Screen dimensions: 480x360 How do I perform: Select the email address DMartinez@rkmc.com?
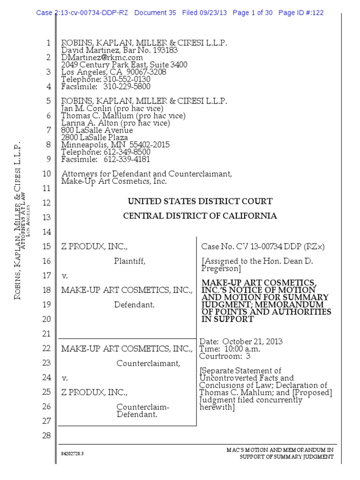pyautogui.click(x=102, y=57)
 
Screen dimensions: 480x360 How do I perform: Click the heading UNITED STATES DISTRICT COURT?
pyautogui.click(x=200, y=202)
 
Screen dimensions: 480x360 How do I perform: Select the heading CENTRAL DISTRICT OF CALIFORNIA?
pyautogui.click(x=200, y=216)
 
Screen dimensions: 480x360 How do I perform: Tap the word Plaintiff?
pyautogui.click(x=129, y=262)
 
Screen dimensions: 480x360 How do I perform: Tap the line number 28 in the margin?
pyautogui.click(x=46, y=435)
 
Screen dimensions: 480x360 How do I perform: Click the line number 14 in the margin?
pyautogui.click(x=46, y=232)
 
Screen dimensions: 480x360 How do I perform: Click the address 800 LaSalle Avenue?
pyautogui.click(x=97, y=130)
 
